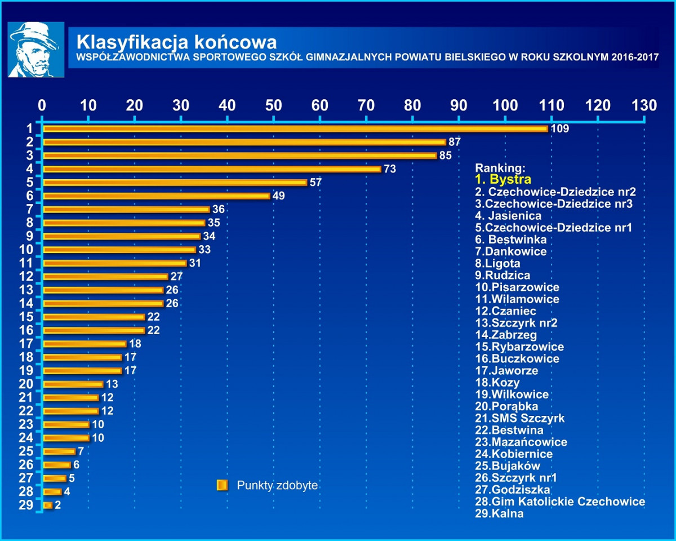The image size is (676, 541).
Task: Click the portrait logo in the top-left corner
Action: (35, 50)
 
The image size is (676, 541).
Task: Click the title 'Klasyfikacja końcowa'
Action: (176, 42)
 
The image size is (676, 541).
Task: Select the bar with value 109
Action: (295, 128)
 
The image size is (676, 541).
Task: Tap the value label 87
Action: (455, 142)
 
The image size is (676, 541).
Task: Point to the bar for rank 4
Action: (212, 169)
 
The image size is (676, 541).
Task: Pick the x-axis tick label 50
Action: (273, 105)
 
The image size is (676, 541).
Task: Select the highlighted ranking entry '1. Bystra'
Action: (502, 180)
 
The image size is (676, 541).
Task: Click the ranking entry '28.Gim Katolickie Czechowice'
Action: (561, 502)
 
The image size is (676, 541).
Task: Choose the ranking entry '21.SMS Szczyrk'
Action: (520, 418)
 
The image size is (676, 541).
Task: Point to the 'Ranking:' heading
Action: (500, 167)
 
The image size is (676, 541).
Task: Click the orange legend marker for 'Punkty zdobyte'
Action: (223, 485)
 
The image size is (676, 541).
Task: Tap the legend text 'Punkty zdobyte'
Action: (277, 485)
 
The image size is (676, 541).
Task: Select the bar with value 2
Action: (48, 505)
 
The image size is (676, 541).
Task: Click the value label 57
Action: (315, 183)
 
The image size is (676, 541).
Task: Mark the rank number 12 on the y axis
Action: (26, 277)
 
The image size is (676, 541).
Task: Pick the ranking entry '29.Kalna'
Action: (500, 513)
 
